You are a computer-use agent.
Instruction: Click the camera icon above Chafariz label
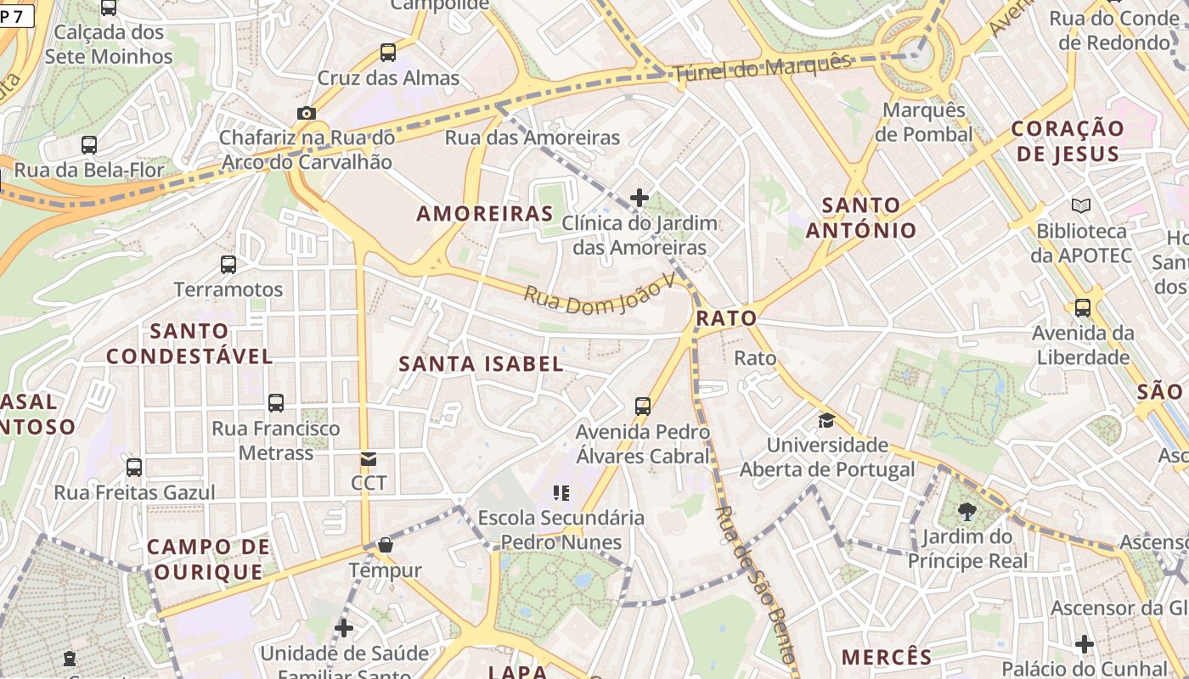coord(306,113)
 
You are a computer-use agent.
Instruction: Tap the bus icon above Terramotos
coord(228,264)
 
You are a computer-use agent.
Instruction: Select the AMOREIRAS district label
coord(485,214)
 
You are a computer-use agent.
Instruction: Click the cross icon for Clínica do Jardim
coord(640,198)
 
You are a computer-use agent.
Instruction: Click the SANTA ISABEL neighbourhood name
coord(482,364)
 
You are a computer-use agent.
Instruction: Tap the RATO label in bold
coord(726,318)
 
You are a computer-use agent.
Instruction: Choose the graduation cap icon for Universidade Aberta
coord(826,420)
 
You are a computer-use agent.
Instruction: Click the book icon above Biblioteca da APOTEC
coord(1081,205)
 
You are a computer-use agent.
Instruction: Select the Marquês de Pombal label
coord(924,122)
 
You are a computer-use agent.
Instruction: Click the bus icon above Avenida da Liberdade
coord(1083,308)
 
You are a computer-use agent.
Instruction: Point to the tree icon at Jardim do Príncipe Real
coord(966,511)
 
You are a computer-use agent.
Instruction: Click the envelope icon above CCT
coord(369,459)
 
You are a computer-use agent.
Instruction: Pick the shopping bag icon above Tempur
coord(386,545)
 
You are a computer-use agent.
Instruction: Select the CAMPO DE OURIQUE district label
coord(209,559)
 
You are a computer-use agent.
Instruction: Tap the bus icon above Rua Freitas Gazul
coord(134,468)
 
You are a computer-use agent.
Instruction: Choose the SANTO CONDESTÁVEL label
coord(189,343)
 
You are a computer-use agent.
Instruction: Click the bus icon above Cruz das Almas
coord(388,53)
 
